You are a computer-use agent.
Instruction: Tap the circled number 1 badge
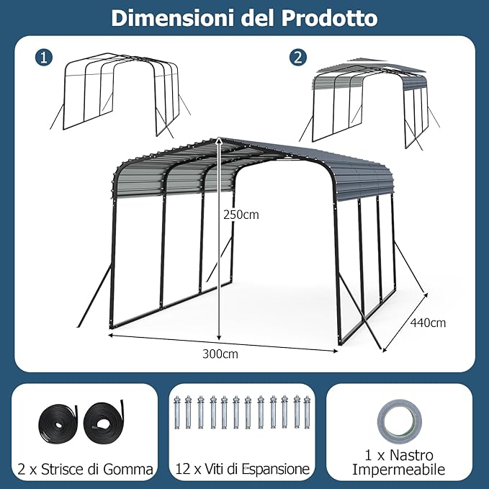click(x=45, y=58)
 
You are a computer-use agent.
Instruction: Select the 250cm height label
click(x=241, y=214)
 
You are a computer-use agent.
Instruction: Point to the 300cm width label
click(x=220, y=354)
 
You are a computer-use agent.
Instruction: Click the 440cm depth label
click(x=428, y=323)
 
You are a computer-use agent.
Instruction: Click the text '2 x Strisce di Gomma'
click(x=85, y=470)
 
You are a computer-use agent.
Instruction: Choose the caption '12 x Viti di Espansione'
click(x=242, y=470)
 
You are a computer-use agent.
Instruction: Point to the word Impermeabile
click(x=399, y=470)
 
